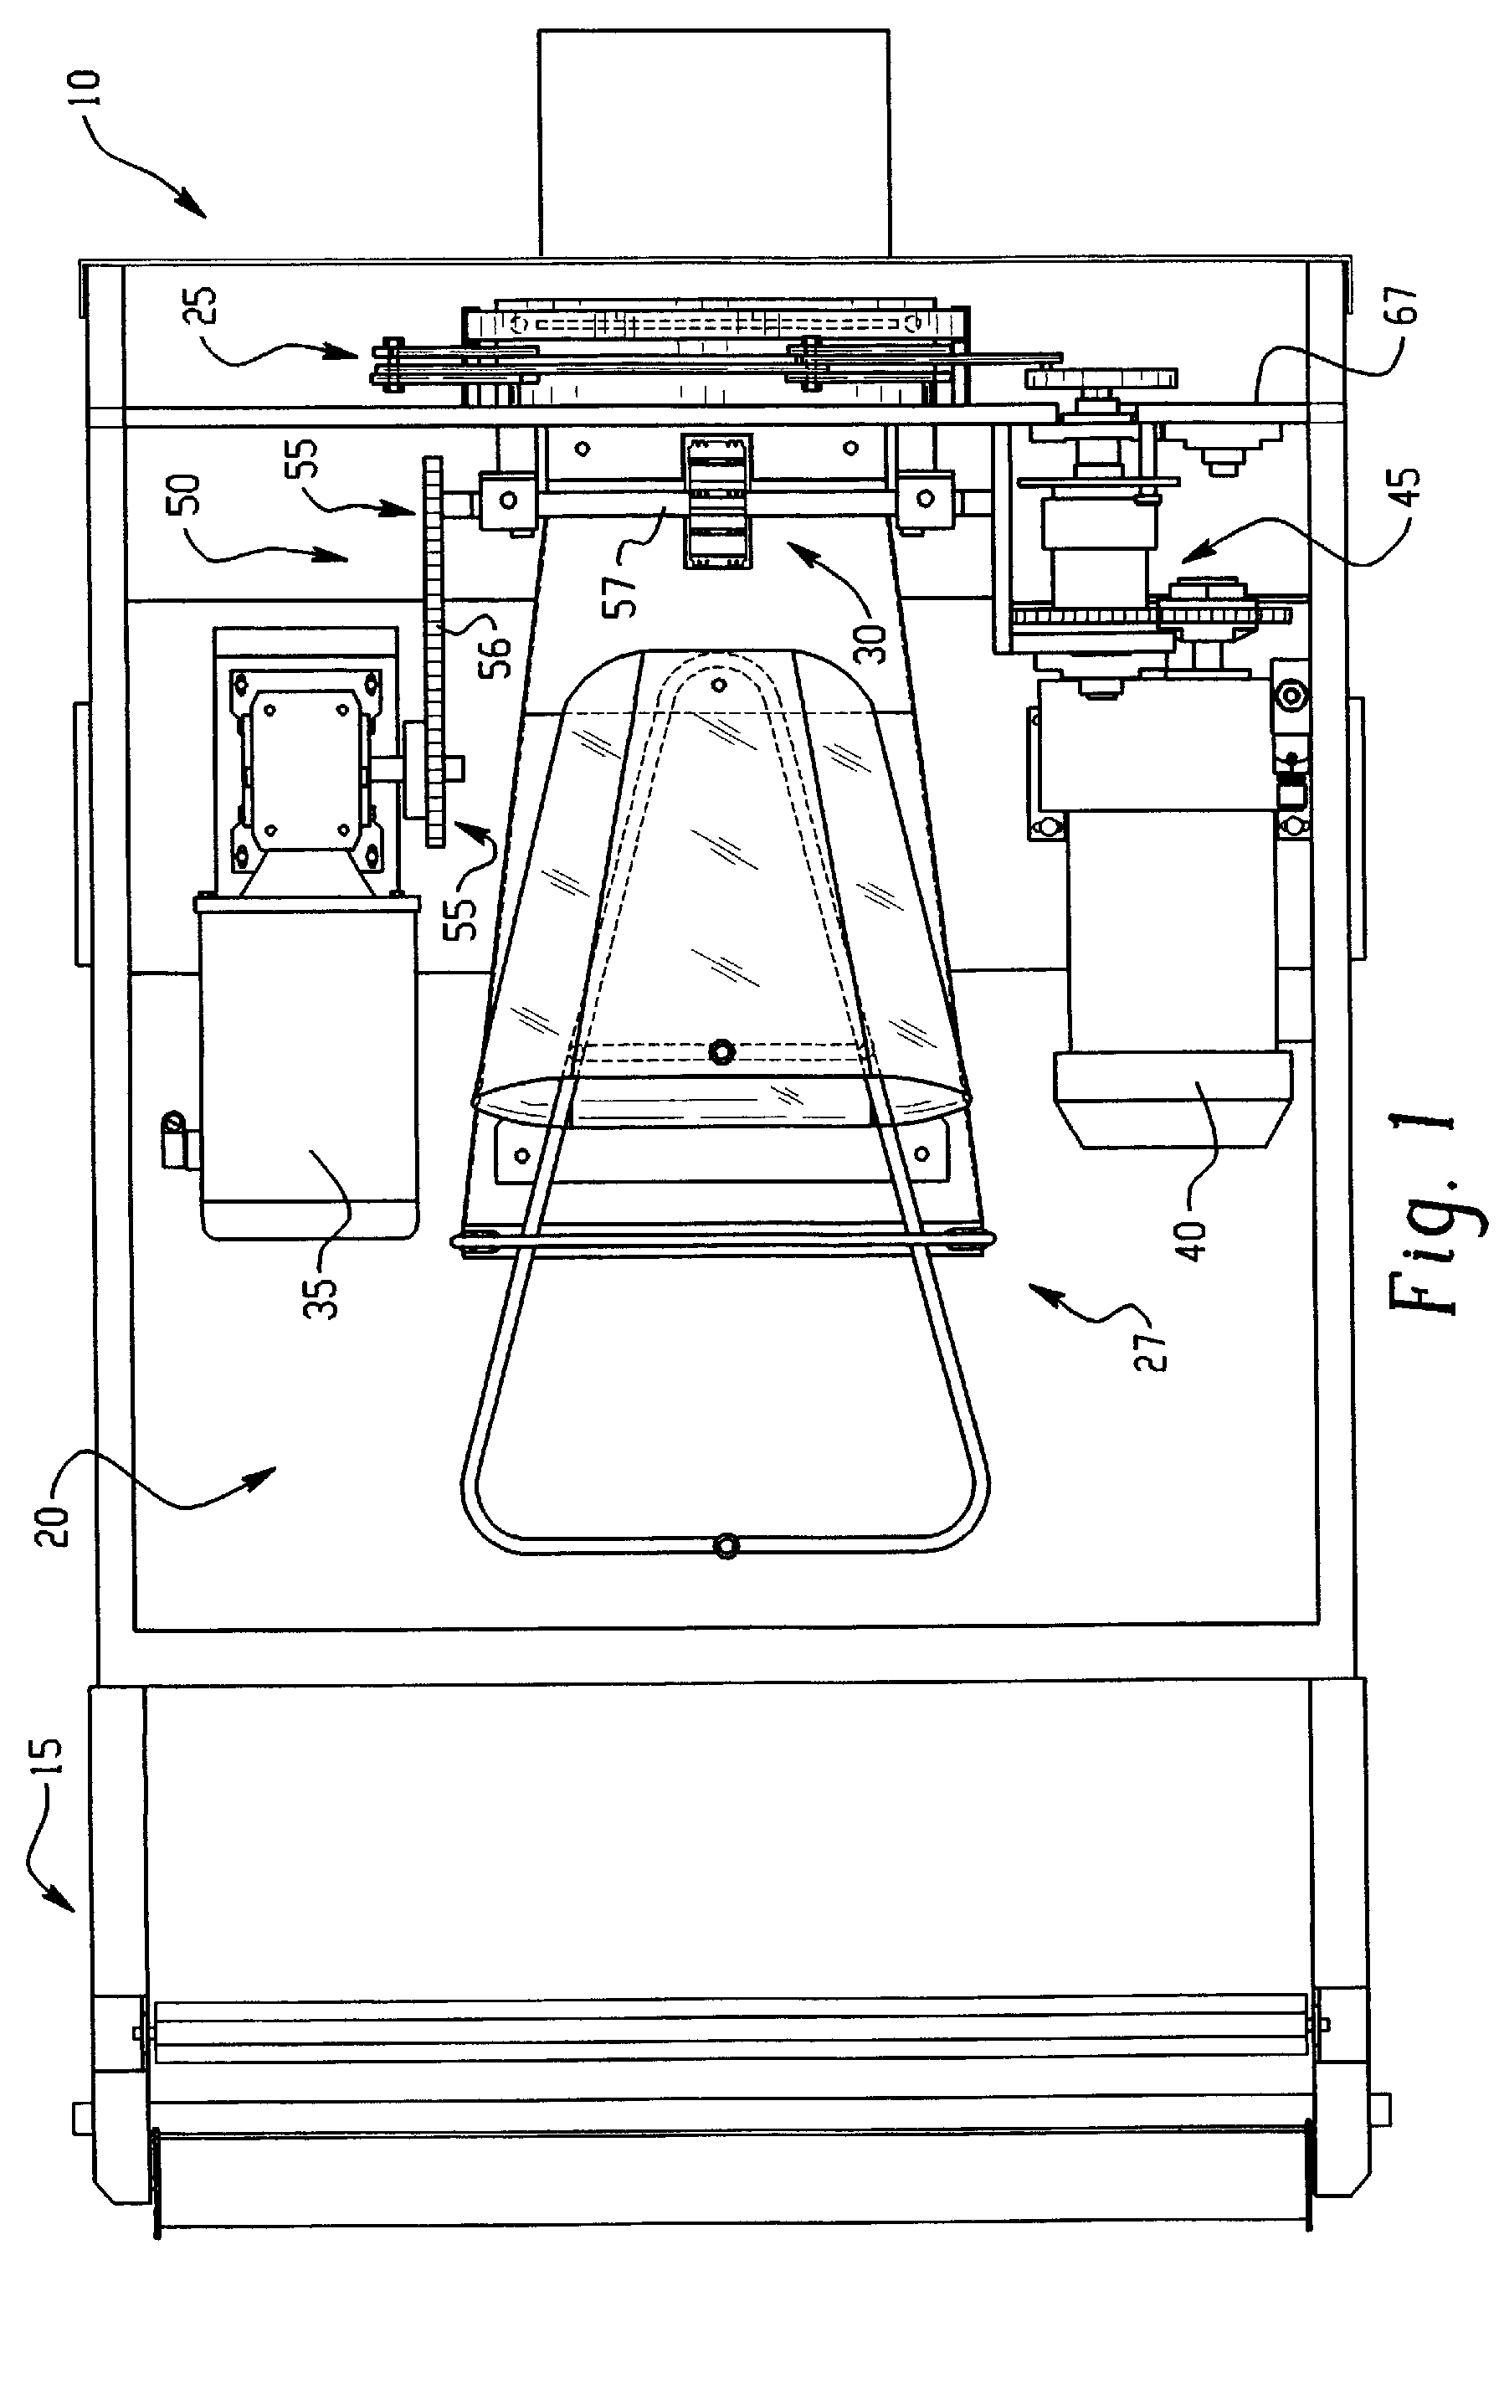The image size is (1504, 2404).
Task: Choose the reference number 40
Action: click(1193, 1235)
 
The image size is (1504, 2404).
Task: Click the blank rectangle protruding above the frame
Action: click(713, 143)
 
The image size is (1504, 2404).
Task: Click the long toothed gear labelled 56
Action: click(434, 651)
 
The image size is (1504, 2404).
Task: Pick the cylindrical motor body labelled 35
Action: click(308, 1069)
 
